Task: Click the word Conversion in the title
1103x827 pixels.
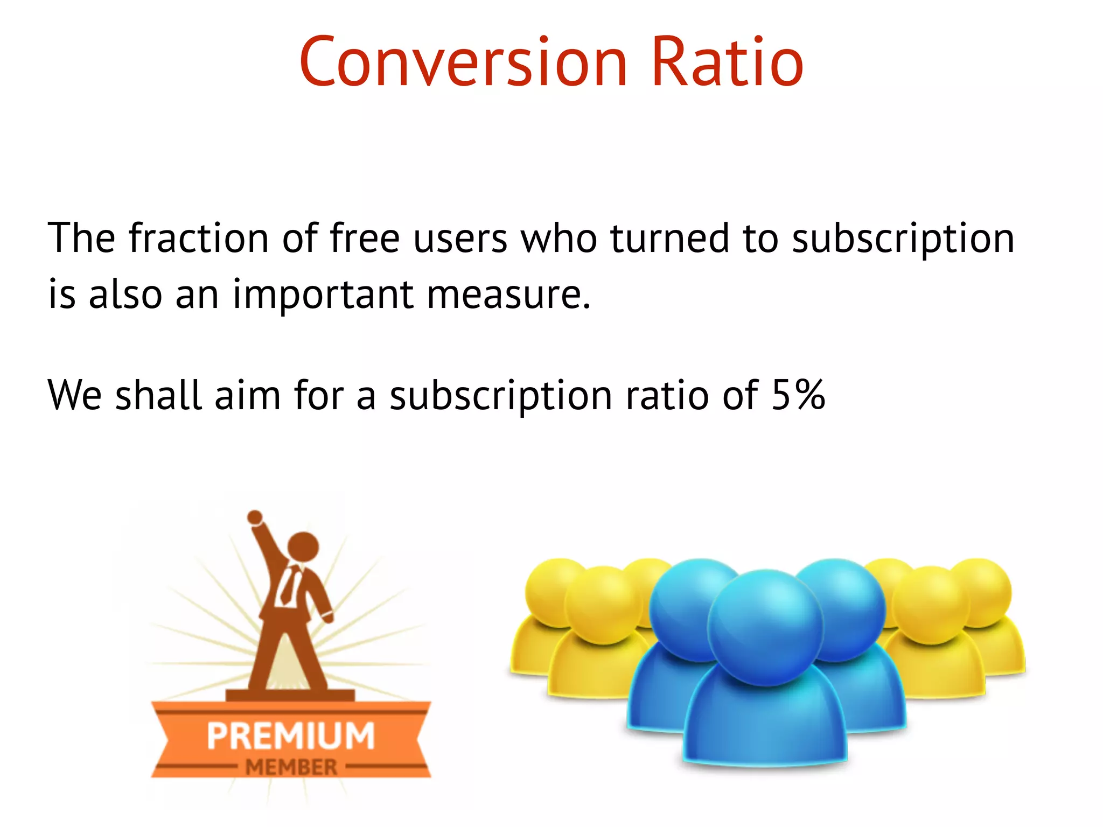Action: (463, 62)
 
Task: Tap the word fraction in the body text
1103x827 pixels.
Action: (198, 239)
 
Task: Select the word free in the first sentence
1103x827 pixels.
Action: (364, 239)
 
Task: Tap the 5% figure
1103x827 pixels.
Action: (798, 395)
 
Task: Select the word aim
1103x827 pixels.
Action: (248, 395)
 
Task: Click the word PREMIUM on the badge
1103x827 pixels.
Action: (291, 736)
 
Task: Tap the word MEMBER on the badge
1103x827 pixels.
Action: (291, 767)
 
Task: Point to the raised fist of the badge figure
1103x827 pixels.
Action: (255, 517)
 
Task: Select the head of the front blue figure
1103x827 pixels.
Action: (765, 627)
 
